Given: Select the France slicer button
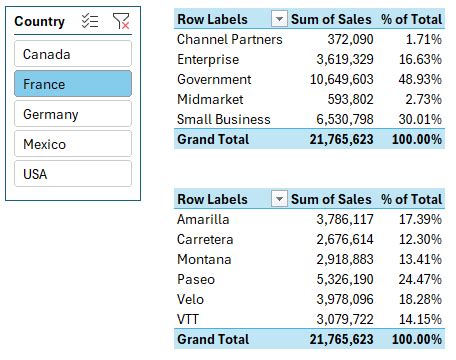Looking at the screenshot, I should (x=72, y=84).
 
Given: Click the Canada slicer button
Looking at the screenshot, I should (x=72, y=54).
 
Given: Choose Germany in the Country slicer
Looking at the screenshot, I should (x=72, y=114).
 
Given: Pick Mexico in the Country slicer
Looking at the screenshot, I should (x=72, y=144).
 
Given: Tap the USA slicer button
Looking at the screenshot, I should (x=72, y=174).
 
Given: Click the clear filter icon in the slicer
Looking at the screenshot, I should (x=121, y=21).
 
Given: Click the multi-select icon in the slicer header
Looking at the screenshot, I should (x=90, y=21).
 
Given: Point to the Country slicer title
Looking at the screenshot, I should (x=40, y=21).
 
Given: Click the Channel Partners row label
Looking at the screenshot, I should (x=229, y=39).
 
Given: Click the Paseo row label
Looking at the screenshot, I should (x=195, y=279).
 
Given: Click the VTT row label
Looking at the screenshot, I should (x=189, y=319).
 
